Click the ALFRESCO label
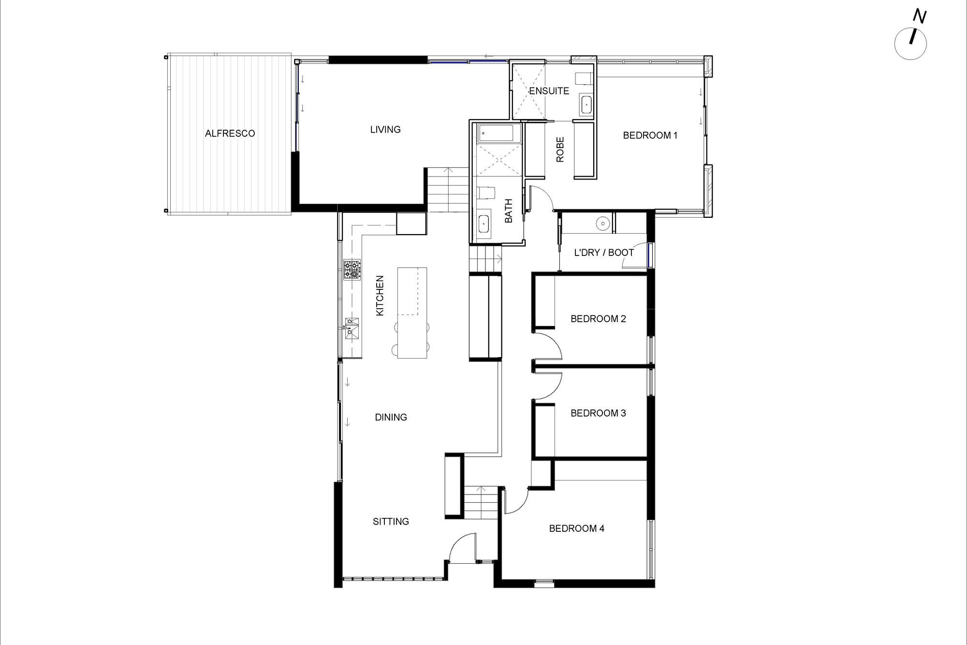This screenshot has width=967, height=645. click(x=230, y=134)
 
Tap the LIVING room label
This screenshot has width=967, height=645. click(x=385, y=130)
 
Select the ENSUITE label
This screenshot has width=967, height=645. click(x=549, y=91)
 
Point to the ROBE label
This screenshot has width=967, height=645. click(x=560, y=150)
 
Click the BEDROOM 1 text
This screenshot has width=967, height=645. click(x=650, y=135)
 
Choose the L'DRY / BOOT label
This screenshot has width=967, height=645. click(x=604, y=253)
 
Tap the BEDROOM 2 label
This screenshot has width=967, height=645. click(x=598, y=319)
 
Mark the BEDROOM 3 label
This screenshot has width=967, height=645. click(x=598, y=413)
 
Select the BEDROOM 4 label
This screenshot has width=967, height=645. click(x=576, y=529)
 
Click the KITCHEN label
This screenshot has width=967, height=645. click(x=380, y=296)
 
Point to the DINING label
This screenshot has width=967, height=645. click(x=391, y=417)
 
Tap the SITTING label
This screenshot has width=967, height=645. click(x=391, y=522)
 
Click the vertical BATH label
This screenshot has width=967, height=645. click(x=509, y=211)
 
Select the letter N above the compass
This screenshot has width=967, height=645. click(x=919, y=17)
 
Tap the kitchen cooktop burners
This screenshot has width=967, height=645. click(x=352, y=270)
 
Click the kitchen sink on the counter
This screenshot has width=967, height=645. click(x=352, y=329)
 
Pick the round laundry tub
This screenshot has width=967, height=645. click(x=602, y=224)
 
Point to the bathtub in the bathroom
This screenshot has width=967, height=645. click(x=499, y=133)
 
